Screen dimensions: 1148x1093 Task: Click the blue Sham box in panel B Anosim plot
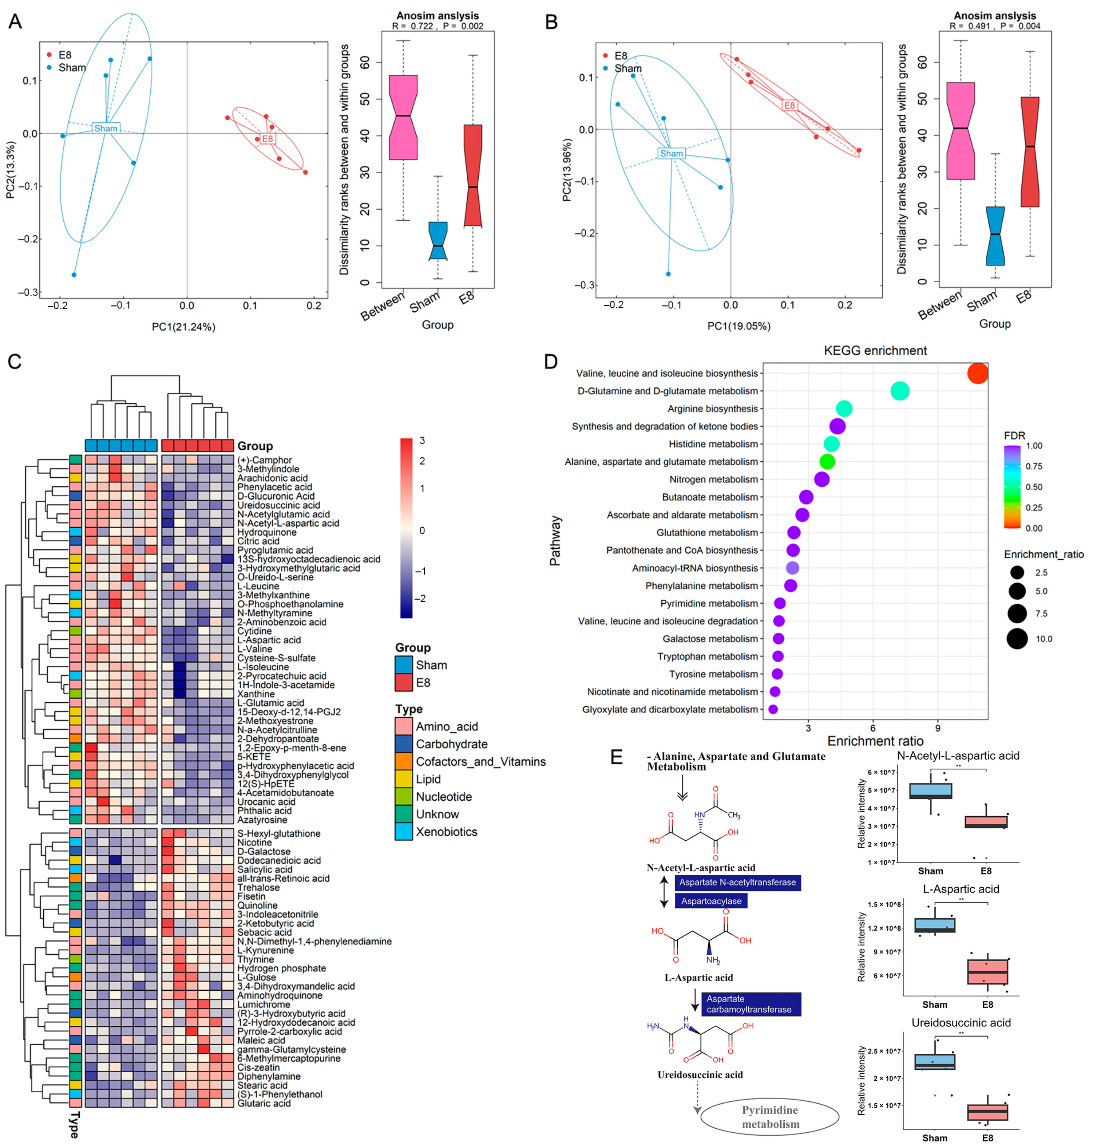tap(995, 236)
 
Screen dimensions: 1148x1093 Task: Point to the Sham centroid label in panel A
tap(106, 128)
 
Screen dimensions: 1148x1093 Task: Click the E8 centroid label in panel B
tap(789, 106)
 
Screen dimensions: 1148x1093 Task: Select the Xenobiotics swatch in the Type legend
tap(403, 832)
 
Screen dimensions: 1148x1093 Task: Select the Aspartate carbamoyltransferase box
tap(751, 1004)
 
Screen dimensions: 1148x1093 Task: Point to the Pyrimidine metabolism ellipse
tap(770, 1117)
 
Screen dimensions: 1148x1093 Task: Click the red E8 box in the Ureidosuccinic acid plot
tap(987, 1112)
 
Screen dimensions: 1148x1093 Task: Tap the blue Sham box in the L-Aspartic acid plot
tap(935, 926)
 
